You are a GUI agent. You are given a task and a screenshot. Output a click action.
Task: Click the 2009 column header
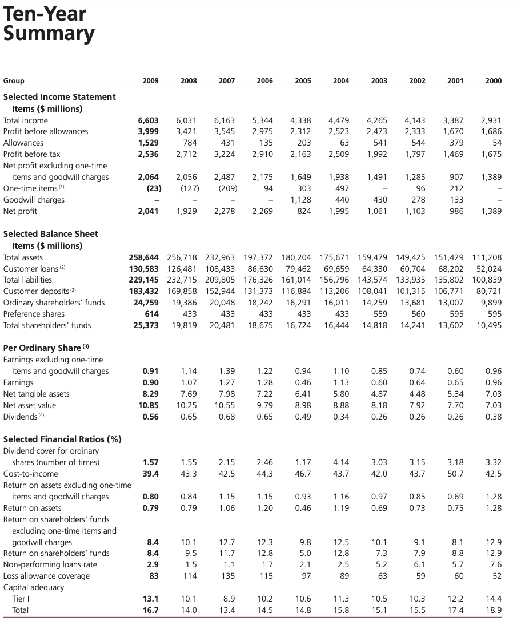150,81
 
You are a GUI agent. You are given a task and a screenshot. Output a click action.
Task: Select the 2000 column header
494,81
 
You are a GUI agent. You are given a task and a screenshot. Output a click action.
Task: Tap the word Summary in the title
49,33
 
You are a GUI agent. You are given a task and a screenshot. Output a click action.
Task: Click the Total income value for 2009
149,120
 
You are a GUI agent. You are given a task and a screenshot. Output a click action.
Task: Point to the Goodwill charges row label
34,200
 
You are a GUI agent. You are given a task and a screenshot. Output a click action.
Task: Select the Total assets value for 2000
487,257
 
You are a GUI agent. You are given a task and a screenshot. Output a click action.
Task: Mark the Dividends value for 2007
227,417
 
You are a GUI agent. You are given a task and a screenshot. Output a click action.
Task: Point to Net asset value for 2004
340,405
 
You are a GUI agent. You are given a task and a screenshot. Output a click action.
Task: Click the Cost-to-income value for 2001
455,474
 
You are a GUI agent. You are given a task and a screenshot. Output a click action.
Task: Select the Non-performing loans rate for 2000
495,564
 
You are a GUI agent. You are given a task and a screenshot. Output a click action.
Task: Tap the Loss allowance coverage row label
46,576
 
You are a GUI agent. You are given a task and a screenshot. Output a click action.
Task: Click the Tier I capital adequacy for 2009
150,599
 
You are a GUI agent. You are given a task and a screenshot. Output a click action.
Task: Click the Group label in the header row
14,81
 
